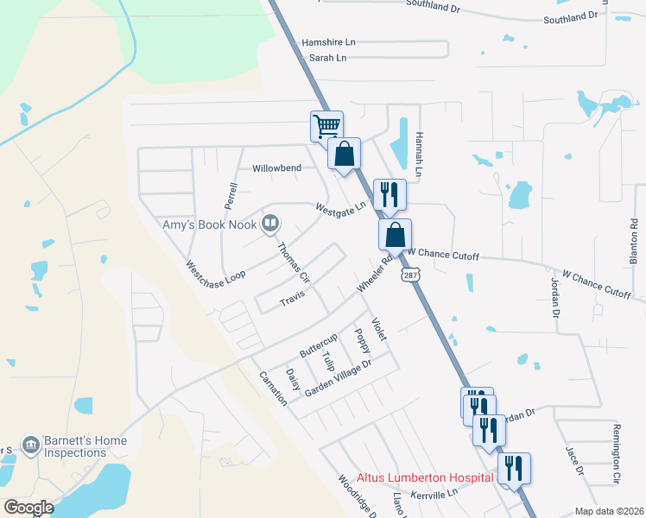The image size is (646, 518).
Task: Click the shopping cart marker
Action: tap(327, 126)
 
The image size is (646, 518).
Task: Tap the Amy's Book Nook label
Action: tap(212, 225)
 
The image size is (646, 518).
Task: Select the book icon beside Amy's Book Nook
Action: tap(271, 224)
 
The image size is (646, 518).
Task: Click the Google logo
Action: tap(29, 508)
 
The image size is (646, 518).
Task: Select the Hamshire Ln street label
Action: tap(328, 42)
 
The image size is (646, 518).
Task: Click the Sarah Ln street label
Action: tap(327, 58)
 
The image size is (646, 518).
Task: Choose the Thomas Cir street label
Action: tap(293, 261)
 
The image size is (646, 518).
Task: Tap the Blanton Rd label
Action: tap(634, 236)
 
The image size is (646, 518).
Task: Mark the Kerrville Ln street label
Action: tap(434, 494)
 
